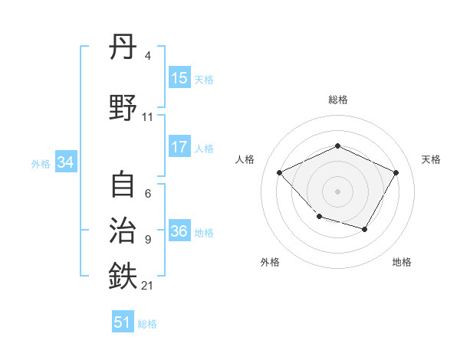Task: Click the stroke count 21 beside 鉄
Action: [149, 286]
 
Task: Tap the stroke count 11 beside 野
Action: [148, 117]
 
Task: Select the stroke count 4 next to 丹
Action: [148, 56]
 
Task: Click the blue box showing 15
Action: [179, 78]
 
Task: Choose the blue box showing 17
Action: [179, 147]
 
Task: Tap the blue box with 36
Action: [179, 231]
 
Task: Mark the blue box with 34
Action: [65, 162]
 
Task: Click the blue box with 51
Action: [123, 322]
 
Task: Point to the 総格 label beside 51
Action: [147, 324]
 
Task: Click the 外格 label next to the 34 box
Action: [41, 164]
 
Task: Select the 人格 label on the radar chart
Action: [245, 159]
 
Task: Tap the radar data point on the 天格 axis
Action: [396, 172]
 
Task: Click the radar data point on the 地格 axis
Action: [365, 229]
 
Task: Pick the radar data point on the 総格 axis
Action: [337, 146]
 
